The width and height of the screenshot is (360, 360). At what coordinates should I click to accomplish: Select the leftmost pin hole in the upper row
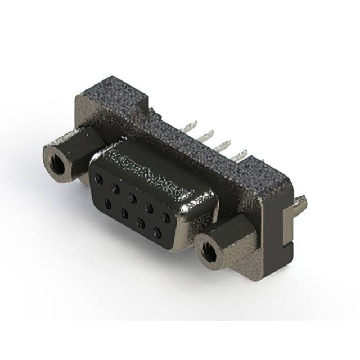coord(99,179)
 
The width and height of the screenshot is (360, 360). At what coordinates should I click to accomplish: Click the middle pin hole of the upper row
coord(132,197)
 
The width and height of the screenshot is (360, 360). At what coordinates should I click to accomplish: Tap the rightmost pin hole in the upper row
coord(166,216)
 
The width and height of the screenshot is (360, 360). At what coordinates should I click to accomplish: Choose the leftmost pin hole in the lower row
coord(107,202)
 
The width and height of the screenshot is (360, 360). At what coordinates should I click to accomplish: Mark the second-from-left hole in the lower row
coord(124,211)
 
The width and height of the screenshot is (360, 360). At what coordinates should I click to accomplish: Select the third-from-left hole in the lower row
coord(141,222)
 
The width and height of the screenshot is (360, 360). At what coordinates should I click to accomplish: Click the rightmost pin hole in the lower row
coord(158,231)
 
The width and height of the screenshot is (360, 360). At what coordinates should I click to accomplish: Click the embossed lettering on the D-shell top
coord(149,171)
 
